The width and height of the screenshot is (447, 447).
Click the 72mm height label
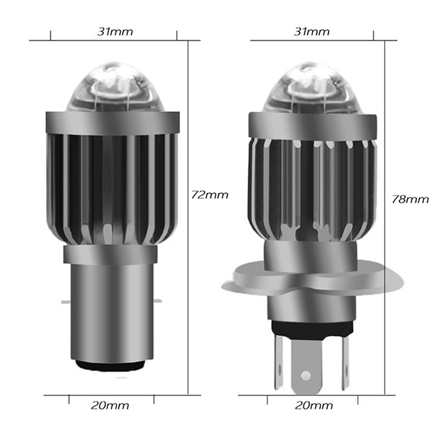click(x=210, y=195)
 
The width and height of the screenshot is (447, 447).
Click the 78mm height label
click(x=410, y=199)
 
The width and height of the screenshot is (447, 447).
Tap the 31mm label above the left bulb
click(x=115, y=31)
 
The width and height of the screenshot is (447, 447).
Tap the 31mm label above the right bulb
click(x=312, y=31)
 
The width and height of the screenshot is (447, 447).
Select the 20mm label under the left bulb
click(x=110, y=406)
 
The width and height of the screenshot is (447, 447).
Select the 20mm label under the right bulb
click(x=314, y=406)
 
